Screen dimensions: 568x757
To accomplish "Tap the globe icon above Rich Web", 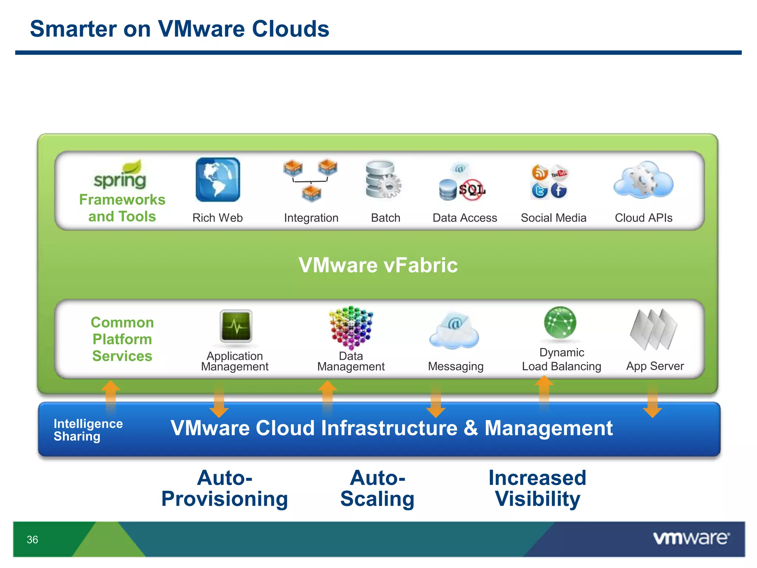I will (218, 180).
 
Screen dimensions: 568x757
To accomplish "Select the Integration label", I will (311, 218).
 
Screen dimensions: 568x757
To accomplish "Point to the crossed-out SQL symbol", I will (472, 190).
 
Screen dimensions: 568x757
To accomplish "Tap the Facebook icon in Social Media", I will (559, 191).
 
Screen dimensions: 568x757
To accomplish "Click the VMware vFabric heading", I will (378, 265).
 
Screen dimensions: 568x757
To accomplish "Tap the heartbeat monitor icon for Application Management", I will (236, 326).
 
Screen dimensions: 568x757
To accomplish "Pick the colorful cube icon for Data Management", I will (351, 327).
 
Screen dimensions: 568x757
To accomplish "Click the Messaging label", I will (455, 366).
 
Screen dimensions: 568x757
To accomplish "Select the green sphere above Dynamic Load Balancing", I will (560, 322).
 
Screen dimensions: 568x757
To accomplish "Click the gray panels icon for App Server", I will (654, 329).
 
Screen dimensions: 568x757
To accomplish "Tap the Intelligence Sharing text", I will (88, 430).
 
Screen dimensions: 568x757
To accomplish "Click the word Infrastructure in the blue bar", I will (389, 428).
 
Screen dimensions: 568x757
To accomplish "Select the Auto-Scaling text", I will (377, 488).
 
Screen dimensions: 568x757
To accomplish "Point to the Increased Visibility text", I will (537, 488).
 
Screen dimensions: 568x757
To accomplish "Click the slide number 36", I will (33, 540).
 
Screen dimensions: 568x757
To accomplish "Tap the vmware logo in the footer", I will (691, 538).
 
